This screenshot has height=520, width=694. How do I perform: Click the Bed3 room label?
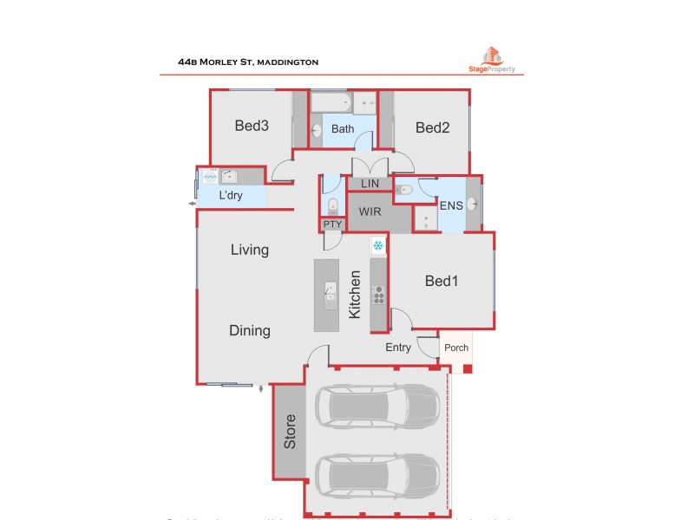coord(252,126)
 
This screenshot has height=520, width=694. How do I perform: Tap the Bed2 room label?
coord(432,128)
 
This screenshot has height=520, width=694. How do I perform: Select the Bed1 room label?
coord(441,281)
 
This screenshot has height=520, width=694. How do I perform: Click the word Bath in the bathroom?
coord(343,129)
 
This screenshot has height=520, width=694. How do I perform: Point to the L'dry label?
coord(230,196)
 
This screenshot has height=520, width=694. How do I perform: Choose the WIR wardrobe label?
coord(371,211)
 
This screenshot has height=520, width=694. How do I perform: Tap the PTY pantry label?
coord(332,224)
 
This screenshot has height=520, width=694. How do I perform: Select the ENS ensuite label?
coord(451,205)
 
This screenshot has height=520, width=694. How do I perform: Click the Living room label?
coord(249,250)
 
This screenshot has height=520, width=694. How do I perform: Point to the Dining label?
coord(249,330)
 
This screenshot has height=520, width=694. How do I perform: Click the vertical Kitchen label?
coord(355,295)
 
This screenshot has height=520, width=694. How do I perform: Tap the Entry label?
coord(399,348)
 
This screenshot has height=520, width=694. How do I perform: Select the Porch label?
coord(456,348)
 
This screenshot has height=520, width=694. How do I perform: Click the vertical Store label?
coord(291,432)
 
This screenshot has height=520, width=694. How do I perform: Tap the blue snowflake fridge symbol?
coord(378,246)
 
